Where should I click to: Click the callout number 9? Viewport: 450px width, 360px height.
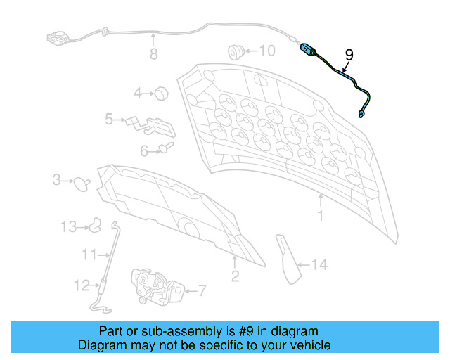(349, 55)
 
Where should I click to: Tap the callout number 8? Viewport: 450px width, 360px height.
(153, 54)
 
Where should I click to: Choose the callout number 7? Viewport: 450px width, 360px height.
(202, 289)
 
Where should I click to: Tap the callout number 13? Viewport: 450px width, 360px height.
(67, 226)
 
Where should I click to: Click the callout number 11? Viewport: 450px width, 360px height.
(88, 254)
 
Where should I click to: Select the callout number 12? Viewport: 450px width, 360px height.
(82, 285)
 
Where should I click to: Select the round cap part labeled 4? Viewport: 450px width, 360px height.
(160, 92)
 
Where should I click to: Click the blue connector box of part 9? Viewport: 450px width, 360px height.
(307, 49)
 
